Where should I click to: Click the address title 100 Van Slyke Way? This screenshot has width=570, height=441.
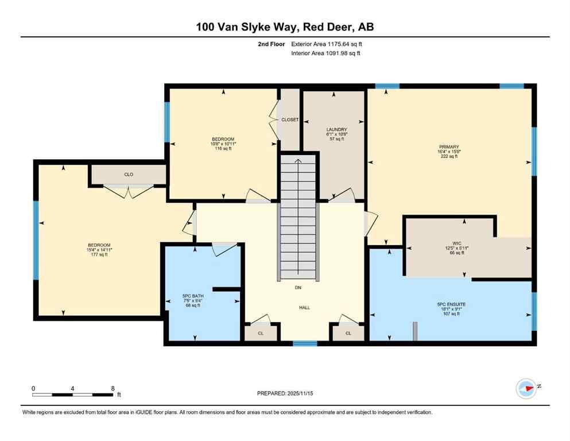tap(285, 27)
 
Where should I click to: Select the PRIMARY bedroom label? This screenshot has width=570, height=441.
tap(449, 147)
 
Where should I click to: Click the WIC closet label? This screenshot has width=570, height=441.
tap(456, 243)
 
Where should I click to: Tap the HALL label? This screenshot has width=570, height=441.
tap(304, 308)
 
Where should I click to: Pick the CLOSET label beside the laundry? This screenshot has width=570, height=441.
tap(290, 119)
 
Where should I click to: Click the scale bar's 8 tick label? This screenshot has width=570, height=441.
tap(113, 388)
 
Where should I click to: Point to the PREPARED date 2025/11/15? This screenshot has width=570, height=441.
tap(285, 393)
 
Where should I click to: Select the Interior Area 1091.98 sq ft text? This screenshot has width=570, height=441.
tap(326, 53)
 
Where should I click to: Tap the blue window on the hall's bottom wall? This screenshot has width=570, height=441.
tap(305, 343)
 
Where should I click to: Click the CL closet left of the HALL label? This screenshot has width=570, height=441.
tap(261, 332)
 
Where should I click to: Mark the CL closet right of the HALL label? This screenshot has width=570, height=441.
tap(348, 332)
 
